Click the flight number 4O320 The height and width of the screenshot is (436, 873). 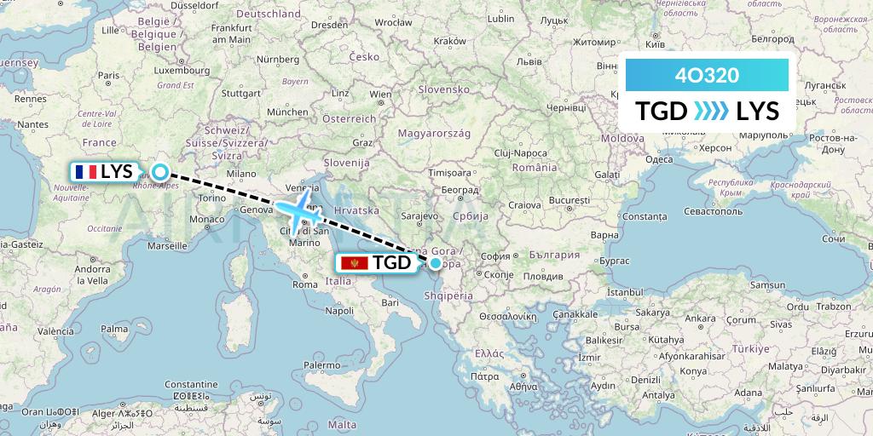pos(706,75)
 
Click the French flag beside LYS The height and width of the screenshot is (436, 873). pos(85,171)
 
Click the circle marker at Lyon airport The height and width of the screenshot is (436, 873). pos(159,170)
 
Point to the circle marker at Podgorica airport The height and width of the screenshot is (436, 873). pos(435,263)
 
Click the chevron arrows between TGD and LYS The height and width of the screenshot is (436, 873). pos(711,112)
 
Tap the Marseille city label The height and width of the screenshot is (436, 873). pos(167,245)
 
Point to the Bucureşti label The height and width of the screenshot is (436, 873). pos(569,200)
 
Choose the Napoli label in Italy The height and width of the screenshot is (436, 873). pos(339,311)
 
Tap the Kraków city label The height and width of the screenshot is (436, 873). pos(449,41)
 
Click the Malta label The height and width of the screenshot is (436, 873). pos(344,423)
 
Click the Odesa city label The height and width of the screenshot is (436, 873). pos(659,158)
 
